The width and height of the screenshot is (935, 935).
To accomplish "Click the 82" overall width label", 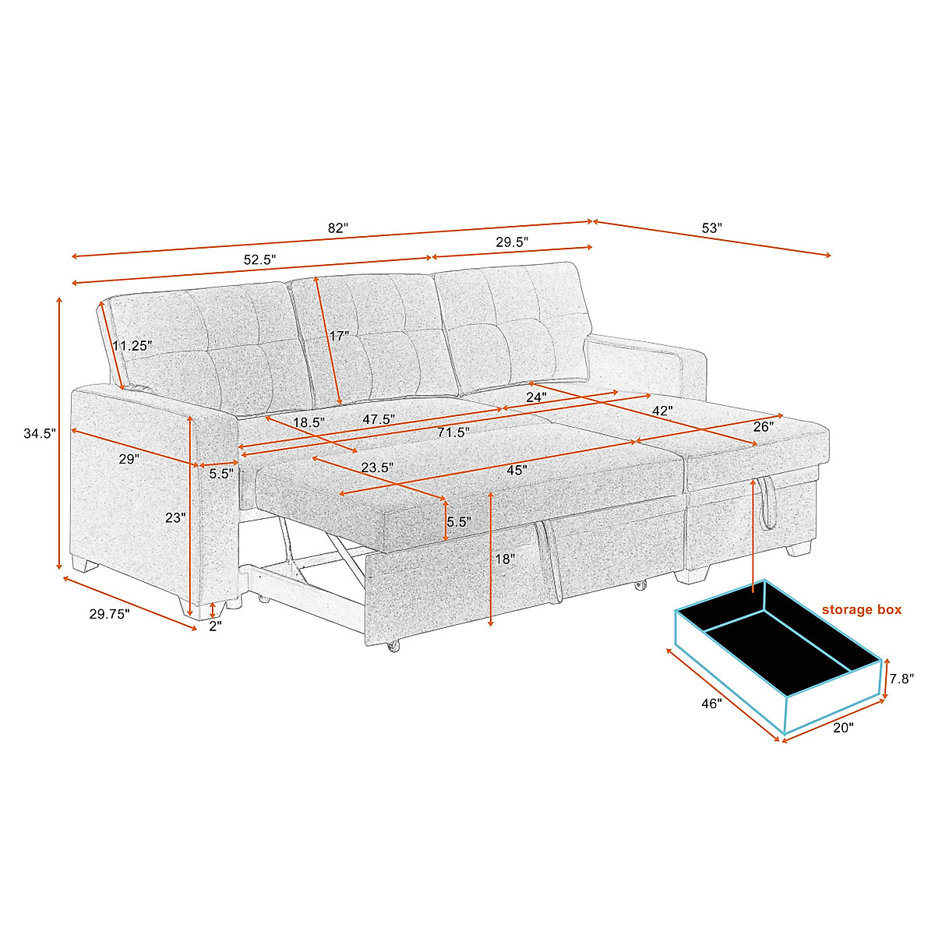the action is coord(337,228).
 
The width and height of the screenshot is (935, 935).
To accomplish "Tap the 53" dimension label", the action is coord(712,228).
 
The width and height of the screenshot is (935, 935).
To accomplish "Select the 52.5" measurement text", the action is coord(259,260).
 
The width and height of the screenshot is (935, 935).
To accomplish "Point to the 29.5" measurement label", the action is coord(512,242).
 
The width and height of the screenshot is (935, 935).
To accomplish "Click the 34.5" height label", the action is coord(40,434).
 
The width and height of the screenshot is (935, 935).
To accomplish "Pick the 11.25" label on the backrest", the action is coord(132,345).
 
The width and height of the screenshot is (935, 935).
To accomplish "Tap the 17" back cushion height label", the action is coord(339,337).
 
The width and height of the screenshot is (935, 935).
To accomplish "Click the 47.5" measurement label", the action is coord(379,419).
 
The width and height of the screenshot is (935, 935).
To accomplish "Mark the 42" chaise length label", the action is coord(662,410).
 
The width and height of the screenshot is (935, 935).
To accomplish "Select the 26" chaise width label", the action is coord(763,427).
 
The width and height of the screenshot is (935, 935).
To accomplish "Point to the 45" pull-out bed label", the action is coord(516,470).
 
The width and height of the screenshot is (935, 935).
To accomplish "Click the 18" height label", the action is coord(505,559).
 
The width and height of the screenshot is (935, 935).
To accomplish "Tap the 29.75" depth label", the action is coord(110,614).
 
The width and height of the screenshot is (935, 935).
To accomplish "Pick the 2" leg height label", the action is coord(215,626).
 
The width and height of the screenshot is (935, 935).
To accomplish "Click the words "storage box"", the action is coord(861,609).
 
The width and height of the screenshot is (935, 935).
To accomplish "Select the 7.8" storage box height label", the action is coord(901,679).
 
